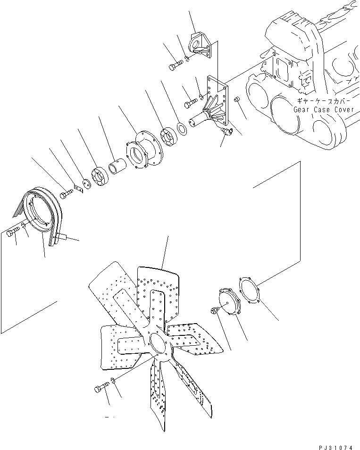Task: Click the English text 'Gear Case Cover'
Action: pos(323,109)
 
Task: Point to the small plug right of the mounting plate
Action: pos(238,100)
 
